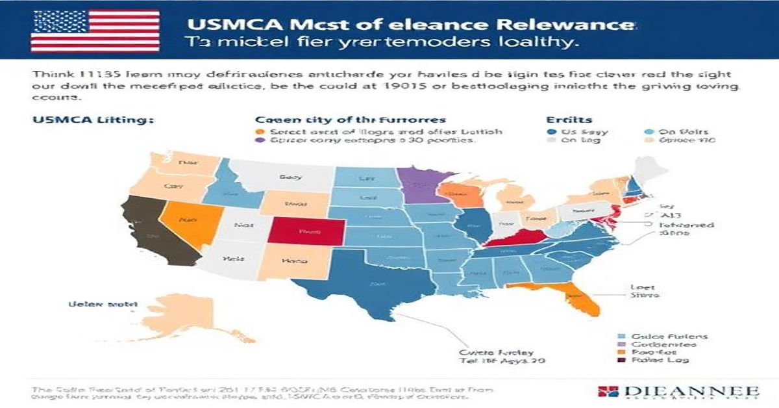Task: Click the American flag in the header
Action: (x=95, y=30)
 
